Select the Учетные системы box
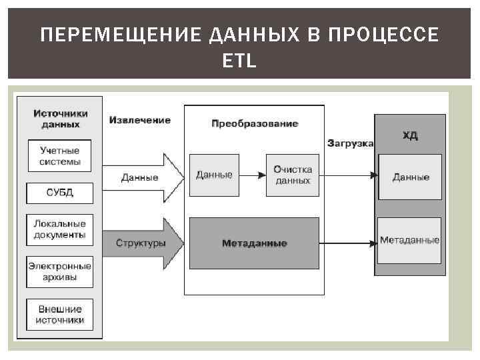[x=60, y=156]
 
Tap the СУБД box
[x=60, y=193]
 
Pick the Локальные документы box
[x=60, y=229]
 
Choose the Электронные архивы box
[x=60, y=271]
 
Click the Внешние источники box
[x=60, y=314]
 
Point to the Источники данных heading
[x=60, y=119]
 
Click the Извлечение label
[x=140, y=120]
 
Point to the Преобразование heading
[x=255, y=123]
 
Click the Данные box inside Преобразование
[x=214, y=175]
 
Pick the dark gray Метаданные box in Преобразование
[x=255, y=243]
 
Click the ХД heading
[x=410, y=135]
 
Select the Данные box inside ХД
[x=410, y=177]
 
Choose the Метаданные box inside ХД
[x=410, y=240]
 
